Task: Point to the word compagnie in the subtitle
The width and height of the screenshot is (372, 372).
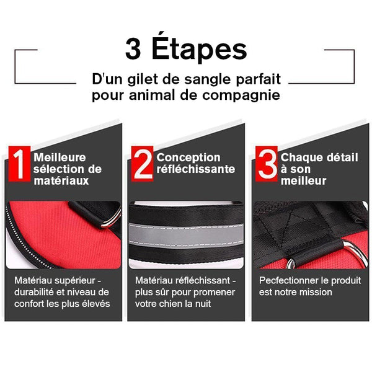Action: coord(241,96)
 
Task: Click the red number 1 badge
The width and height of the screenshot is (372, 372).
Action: coord(19,164)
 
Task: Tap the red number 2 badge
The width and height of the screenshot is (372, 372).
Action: coord(143,164)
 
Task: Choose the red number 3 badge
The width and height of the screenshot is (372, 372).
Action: coord(267,164)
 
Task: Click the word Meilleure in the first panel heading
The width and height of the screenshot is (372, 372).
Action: coord(60,157)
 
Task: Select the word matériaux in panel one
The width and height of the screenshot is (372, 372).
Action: coord(61,181)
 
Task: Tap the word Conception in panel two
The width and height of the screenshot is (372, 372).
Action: coord(188,157)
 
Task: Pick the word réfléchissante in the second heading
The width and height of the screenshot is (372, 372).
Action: coord(196,169)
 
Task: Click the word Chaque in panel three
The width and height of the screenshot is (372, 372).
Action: coord(298,157)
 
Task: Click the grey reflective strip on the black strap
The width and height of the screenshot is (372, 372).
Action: coord(186,236)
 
